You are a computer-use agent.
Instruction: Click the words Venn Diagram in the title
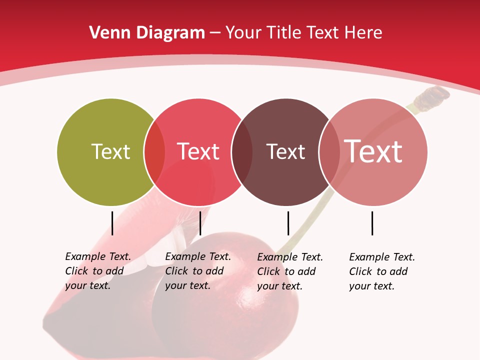[147, 33]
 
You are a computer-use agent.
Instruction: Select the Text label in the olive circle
[110, 151]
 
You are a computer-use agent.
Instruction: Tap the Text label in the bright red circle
[198, 151]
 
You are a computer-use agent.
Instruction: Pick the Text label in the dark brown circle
[285, 152]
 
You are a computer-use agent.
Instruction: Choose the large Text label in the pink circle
[373, 151]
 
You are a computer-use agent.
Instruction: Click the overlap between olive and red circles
[154, 152]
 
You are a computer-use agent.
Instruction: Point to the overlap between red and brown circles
[242, 152]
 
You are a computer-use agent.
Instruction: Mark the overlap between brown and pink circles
[329, 152]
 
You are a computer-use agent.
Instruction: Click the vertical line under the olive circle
[112, 223]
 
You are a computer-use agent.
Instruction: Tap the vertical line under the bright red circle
[200, 223]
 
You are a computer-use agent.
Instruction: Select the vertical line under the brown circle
[288, 223]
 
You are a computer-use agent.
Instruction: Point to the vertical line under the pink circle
[372, 223]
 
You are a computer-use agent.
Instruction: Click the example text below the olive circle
[98, 271]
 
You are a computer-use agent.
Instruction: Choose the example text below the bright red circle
[198, 271]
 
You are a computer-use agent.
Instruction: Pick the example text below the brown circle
[290, 271]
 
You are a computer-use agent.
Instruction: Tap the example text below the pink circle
[382, 271]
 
